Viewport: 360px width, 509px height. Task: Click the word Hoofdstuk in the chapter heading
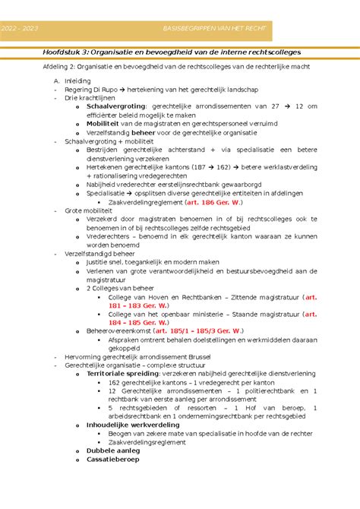64,52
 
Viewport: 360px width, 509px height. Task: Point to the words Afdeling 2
59,66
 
